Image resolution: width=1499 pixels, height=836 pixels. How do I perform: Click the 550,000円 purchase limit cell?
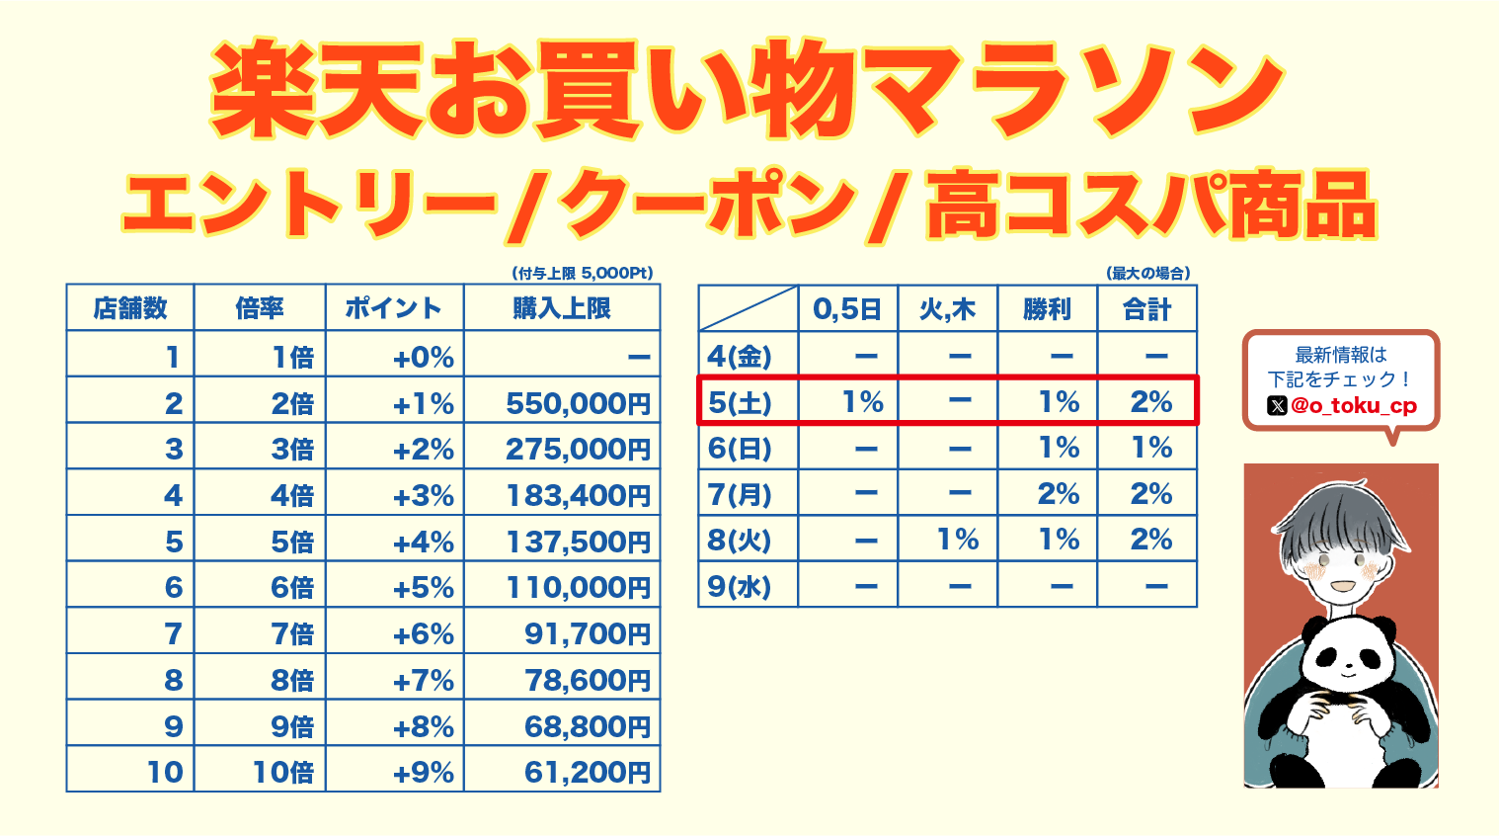click(x=578, y=403)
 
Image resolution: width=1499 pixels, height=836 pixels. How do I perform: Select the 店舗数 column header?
click(x=130, y=308)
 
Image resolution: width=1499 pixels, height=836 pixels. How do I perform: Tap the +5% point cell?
click(x=424, y=588)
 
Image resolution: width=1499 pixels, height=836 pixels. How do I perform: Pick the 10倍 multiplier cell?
click(x=282, y=772)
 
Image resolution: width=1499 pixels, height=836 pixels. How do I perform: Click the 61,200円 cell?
click(x=587, y=772)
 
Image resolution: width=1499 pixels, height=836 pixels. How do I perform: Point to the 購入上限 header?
click(x=562, y=308)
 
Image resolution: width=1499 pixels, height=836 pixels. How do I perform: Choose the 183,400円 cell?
click(x=578, y=495)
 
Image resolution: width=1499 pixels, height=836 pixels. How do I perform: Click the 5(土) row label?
click(x=740, y=402)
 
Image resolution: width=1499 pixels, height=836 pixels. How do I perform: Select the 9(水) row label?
click(x=740, y=587)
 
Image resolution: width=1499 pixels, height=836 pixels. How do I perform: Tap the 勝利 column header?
click(x=1047, y=309)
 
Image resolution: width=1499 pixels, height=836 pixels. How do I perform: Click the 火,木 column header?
click(x=947, y=309)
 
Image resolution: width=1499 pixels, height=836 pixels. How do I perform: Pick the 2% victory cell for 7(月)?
click(x=1058, y=494)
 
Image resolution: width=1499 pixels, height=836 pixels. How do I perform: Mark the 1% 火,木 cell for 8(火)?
click(x=957, y=540)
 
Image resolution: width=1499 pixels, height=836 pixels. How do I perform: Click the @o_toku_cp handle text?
click(x=1354, y=405)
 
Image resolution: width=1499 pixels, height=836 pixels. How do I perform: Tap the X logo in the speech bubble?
click(x=1277, y=405)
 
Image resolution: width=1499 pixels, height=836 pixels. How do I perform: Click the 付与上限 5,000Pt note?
click(x=583, y=273)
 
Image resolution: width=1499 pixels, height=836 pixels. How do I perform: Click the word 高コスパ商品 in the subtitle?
click(x=1150, y=206)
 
